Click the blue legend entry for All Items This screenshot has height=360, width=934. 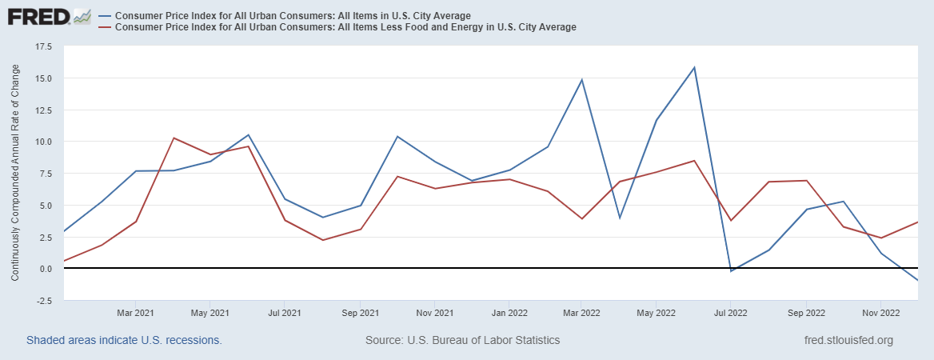pos(292,16)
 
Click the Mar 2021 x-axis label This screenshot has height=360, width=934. pos(136,313)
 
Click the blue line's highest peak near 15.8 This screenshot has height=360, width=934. pos(694,67)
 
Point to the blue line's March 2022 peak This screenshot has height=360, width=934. pos(582,79)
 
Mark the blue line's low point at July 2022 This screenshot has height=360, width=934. pos(731,271)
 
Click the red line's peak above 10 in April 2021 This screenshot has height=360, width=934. pos(174,138)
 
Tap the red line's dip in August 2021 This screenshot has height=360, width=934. pos(322,240)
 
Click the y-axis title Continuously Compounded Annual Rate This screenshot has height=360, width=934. pos(15,174)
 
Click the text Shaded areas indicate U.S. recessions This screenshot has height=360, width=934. pos(124,340)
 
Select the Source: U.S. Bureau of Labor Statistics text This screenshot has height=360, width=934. pos(462,340)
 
